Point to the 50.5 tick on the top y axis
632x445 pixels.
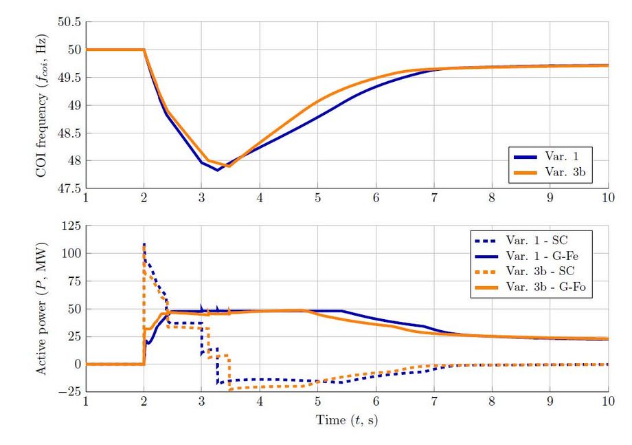69,22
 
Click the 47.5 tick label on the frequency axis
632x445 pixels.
69,188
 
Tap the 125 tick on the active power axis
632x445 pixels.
71,226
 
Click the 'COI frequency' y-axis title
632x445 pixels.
42,105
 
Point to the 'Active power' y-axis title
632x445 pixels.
42,309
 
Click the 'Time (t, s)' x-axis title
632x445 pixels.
346,419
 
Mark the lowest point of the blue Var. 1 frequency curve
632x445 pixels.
218,170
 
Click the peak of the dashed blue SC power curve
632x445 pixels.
144,243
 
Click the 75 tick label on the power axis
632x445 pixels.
73,281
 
